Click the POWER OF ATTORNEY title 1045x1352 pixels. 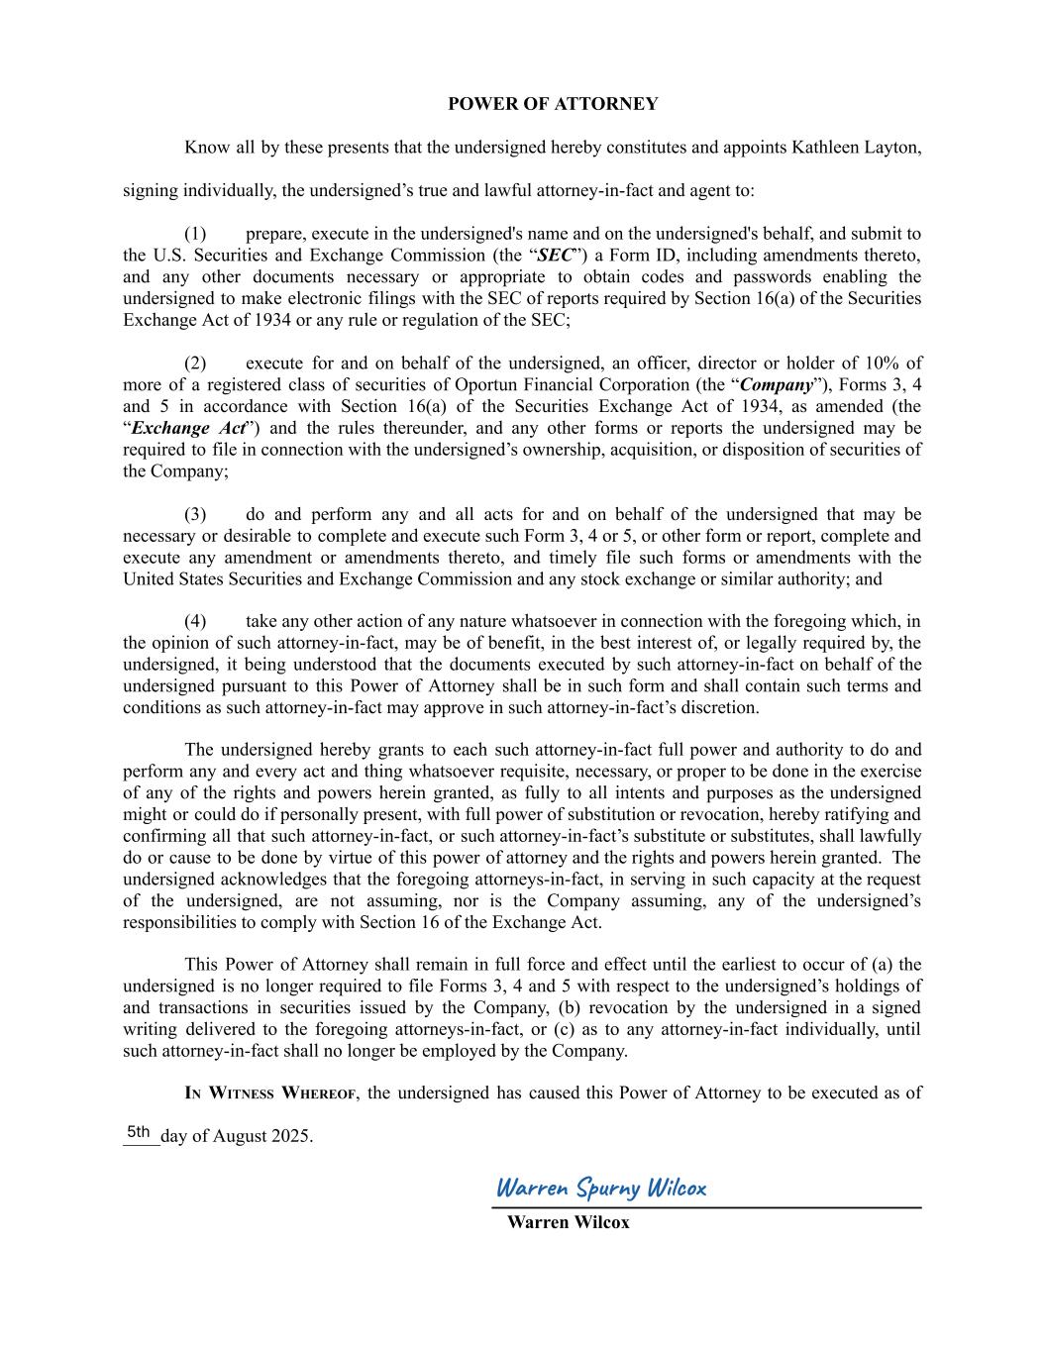point(552,104)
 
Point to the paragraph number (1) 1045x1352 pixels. point(195,234)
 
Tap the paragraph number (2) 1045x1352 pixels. point(195,364)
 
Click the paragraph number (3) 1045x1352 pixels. point(195,514)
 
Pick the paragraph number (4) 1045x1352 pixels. point(195,621)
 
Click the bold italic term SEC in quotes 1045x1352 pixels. point(556,256)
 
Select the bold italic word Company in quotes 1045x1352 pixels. point(776,385)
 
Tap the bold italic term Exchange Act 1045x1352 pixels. point(188,429)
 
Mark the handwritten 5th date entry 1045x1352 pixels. point(139,1132)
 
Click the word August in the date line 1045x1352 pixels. point(240,1136)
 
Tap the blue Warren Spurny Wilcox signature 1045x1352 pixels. point(600,1188)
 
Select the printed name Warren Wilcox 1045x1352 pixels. point(568,1222)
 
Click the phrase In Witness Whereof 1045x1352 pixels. point(270,1093)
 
